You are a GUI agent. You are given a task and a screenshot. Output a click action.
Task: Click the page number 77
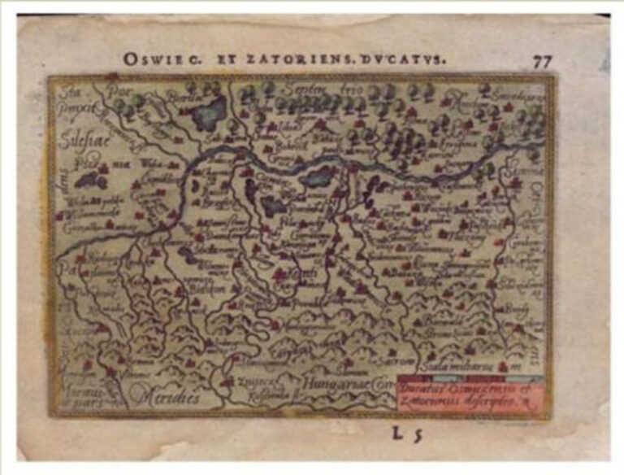543,61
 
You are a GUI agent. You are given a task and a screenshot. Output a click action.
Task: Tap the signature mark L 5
407,433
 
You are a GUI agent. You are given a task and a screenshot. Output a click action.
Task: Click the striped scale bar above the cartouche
469,379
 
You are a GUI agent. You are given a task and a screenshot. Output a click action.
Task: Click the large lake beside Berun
209,111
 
